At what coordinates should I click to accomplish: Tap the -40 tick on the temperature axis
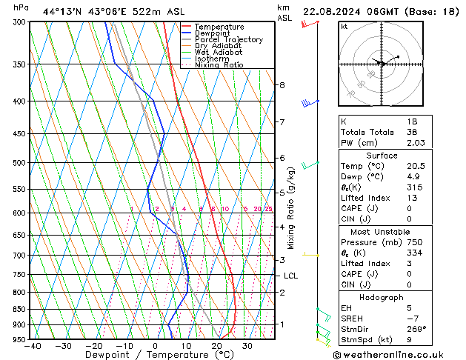pyautogui.click(x=32, y=346)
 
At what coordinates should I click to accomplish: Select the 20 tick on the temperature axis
pyautogui.click(x=216, y=346)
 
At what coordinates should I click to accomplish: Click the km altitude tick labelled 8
pyautogui.click(x=282, y=85)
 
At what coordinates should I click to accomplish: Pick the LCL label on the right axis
pyautogui.click(x=291, y=276)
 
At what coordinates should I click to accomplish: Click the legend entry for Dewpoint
pyautogui.click(x=219, y=33)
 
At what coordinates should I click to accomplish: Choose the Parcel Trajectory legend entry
pyautogui.click(x=228, y=40)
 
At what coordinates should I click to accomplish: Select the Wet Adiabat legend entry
pyautogui.click(x=219, y=53)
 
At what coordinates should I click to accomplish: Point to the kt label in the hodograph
pyautogui.click(x=344, y=27)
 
